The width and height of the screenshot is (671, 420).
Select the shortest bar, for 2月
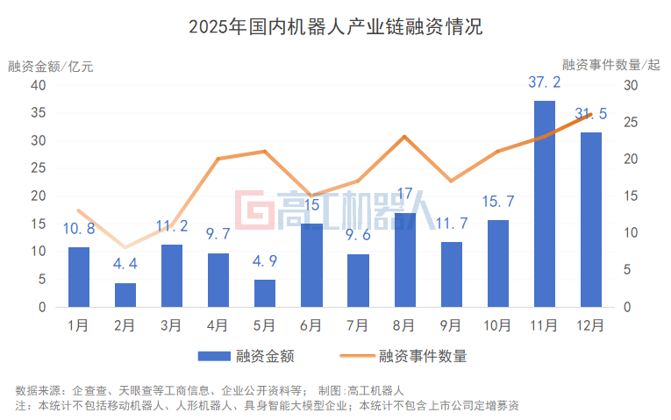point(125,295)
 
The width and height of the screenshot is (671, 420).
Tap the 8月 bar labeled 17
point(404,260)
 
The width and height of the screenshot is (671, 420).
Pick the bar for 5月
point(265,294)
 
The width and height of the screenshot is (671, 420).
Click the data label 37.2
point(544,83)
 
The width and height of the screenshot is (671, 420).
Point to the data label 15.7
point(497,203)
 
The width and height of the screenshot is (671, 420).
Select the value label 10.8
point(79,230)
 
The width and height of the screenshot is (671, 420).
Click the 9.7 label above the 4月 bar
point(218,236)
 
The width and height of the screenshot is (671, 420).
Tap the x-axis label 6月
point(311,325)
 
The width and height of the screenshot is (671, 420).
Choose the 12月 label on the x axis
point(590,325)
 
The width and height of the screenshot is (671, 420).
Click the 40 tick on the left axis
point(38,85)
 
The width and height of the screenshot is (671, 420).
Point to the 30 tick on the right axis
point(632,85)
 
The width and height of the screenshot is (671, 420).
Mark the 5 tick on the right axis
point(628,270)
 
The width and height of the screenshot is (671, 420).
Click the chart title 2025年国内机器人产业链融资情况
point(335,26)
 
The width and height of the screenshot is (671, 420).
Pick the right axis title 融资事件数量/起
point(610,64)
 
